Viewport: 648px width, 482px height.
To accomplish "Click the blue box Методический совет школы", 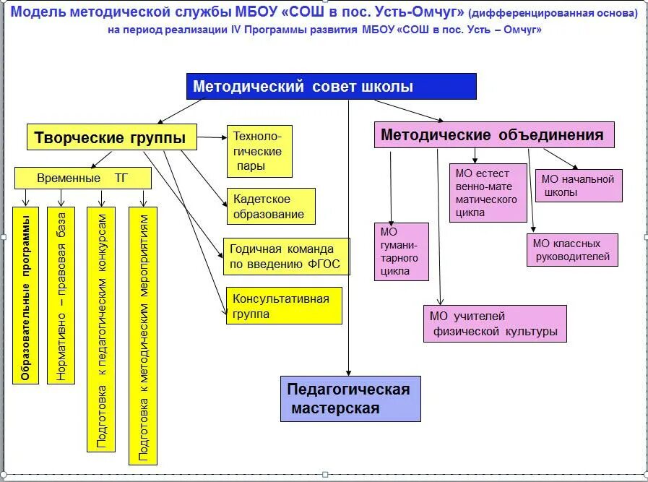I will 332,87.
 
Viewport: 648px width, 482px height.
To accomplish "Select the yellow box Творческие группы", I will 112,137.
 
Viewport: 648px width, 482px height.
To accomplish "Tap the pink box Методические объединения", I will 494,135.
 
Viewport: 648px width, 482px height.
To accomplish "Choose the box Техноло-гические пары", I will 260,152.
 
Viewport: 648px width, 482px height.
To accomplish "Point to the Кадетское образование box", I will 272,207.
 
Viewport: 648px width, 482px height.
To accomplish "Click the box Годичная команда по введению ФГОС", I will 287,257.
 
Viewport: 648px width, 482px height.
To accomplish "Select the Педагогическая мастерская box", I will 350,399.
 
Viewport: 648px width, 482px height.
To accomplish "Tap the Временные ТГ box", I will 83,178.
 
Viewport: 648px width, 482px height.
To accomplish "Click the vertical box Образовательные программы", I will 25,295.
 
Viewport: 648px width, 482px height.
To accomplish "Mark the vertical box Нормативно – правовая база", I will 61,295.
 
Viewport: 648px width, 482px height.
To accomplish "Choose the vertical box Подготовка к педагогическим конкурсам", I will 100,330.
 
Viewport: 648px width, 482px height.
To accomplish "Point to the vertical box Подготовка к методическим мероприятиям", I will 143,335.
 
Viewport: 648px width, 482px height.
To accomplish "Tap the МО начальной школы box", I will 579,186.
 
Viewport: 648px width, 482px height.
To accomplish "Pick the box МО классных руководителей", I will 572,250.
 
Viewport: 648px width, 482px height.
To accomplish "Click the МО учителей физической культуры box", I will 495,324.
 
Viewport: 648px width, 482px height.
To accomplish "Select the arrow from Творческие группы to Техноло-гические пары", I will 212,137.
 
